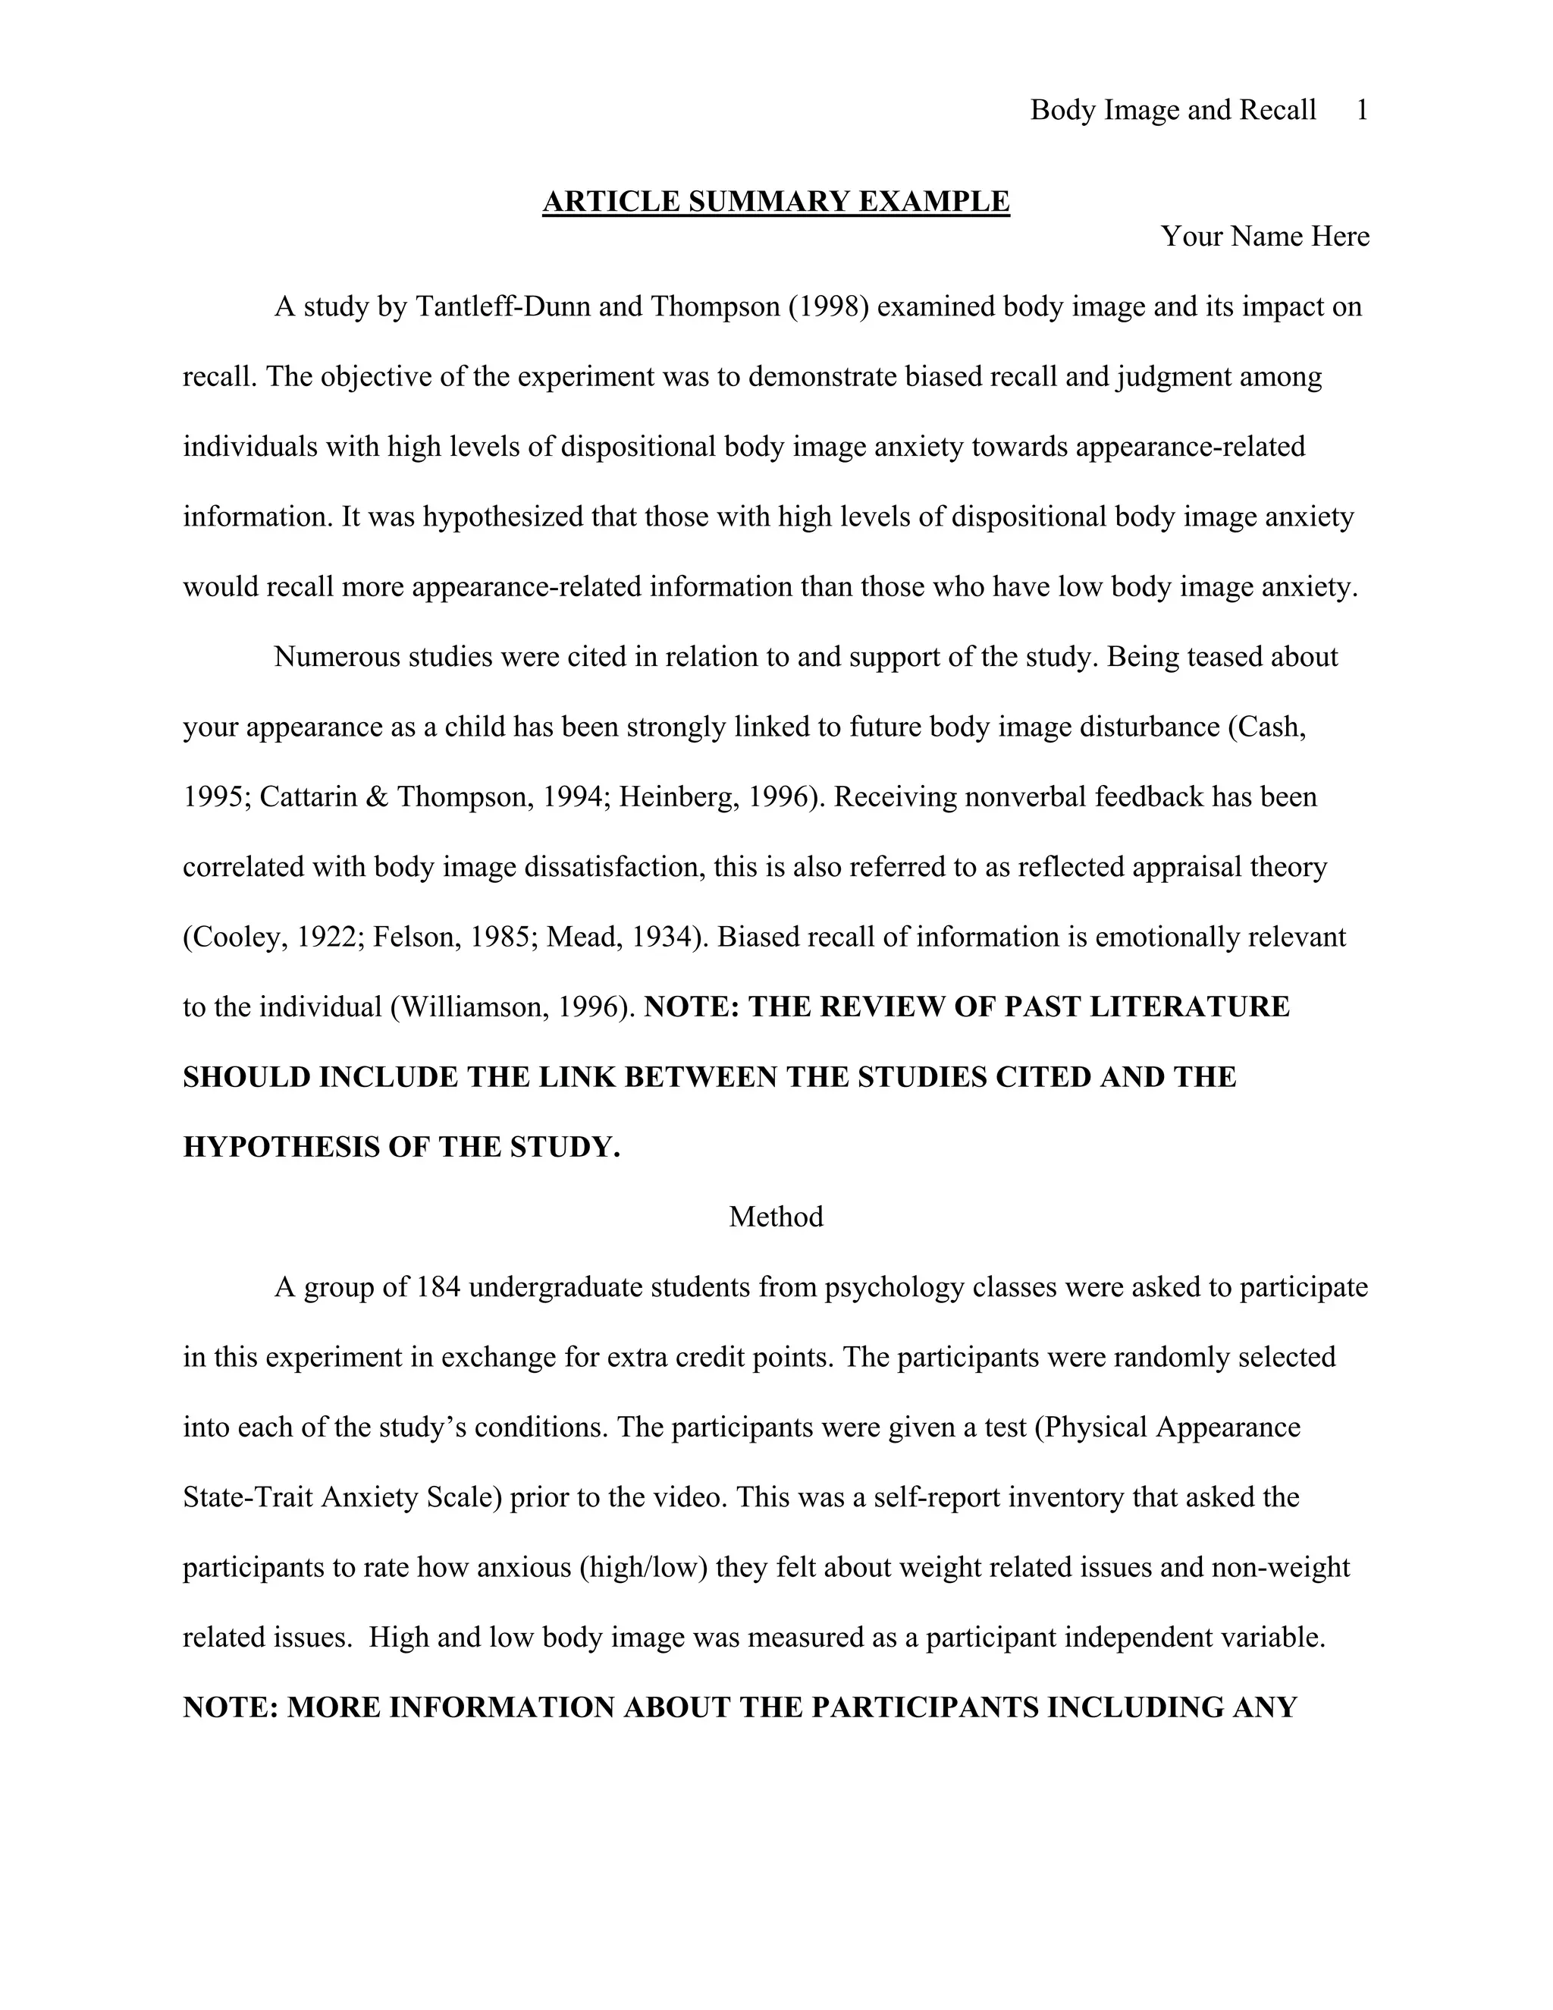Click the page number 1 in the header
point(1363,111)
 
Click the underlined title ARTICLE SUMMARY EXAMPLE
point(776,202)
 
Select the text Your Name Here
point(1265,237)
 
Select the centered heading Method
point(776,1217)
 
